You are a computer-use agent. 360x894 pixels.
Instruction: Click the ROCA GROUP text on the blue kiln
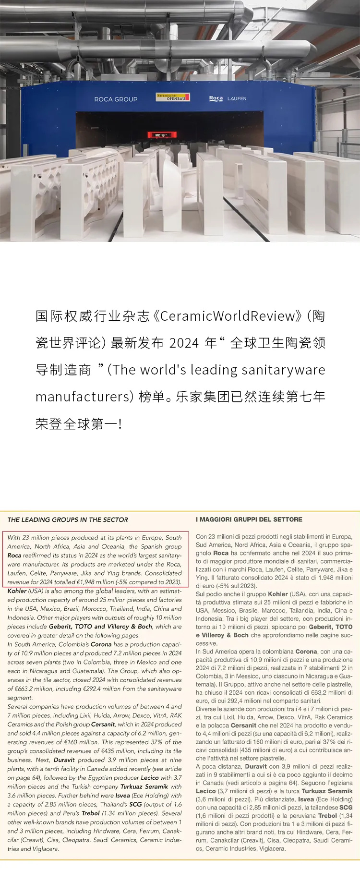[116, 99]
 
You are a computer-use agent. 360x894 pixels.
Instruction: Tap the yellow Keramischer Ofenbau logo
[173, 97]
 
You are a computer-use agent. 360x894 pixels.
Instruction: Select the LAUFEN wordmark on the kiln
[237, 98]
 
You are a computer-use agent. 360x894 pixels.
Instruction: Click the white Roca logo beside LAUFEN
[216, 98]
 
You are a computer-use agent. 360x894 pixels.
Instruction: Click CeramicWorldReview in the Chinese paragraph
[228, 316]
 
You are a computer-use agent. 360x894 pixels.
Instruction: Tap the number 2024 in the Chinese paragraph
[184, 343]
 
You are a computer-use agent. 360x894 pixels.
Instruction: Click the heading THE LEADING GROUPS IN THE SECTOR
[68, 519]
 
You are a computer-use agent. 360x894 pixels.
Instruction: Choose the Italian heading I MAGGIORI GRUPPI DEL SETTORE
[249, 519]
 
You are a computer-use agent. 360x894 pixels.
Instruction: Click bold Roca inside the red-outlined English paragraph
[14, 556]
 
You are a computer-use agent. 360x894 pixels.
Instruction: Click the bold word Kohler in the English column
[17, 591]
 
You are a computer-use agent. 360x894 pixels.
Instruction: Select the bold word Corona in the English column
[101, 644]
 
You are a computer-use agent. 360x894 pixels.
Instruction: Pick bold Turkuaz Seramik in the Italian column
[328, 791]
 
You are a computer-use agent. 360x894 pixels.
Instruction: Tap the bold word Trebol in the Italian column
[328, 815]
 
